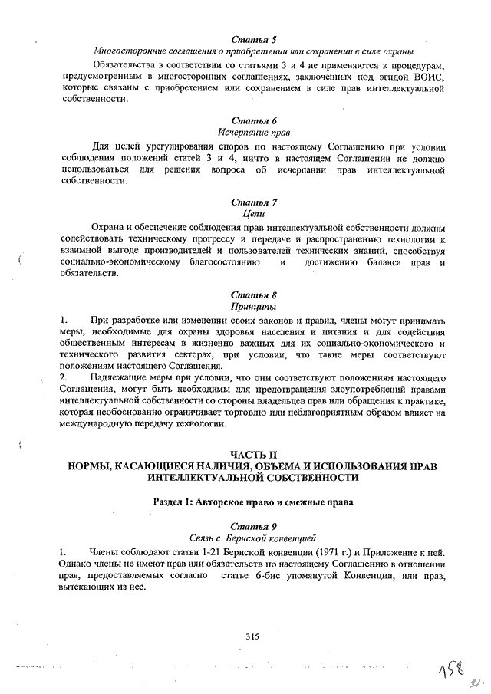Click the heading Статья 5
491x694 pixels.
coord(253,38)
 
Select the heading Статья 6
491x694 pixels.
coord(253,121)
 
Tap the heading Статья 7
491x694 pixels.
coord(253,202)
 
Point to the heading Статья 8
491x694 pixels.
coord(253,294)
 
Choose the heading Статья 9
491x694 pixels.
coord(253,526)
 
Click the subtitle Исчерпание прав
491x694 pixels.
coord(253,133)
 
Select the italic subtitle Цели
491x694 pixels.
coord(253,215)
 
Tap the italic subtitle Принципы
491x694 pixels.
coord(253,306)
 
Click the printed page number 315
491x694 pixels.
coord(253,636)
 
